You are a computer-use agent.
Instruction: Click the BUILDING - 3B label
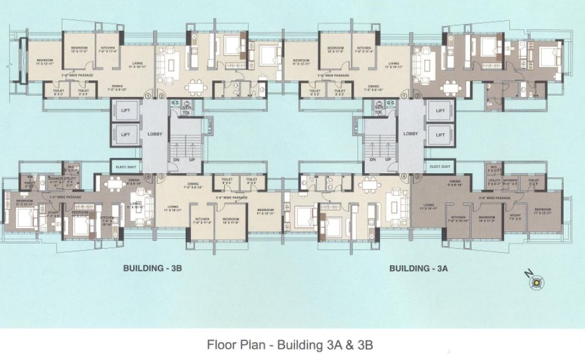[x=151, y=268]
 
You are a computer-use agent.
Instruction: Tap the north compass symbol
[x=536, y=281]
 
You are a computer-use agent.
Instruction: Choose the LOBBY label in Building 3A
[x=410, y=134]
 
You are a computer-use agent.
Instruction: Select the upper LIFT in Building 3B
[x=125, y=111]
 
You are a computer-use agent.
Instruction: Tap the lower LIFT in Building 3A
[x=439, y=135]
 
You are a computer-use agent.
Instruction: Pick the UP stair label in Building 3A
[x=388, y=160]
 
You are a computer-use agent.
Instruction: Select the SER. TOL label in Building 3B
[x=186, y=110]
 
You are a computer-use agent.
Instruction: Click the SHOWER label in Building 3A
[x=510, y=181]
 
